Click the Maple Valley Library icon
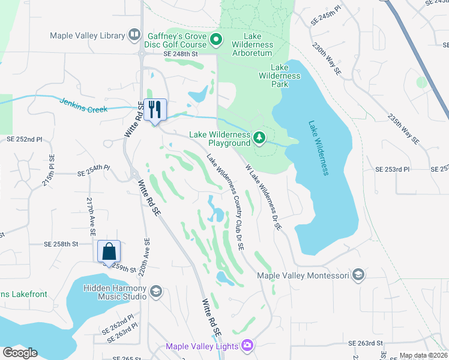tap(134, 36)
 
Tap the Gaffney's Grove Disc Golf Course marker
tap(217, 41)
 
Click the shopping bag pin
tap(109, 251)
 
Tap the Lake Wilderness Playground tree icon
tap(259, 138)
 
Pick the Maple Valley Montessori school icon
tap(358, 275)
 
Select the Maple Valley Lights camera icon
tap(247, 346)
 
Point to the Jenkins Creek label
tap(83, 106)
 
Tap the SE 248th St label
tap(181, 54)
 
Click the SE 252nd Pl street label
tap(25, 139)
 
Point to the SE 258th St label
tap(62, 244)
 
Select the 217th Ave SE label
tap(91, 212)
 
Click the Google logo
tap(20, 353)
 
